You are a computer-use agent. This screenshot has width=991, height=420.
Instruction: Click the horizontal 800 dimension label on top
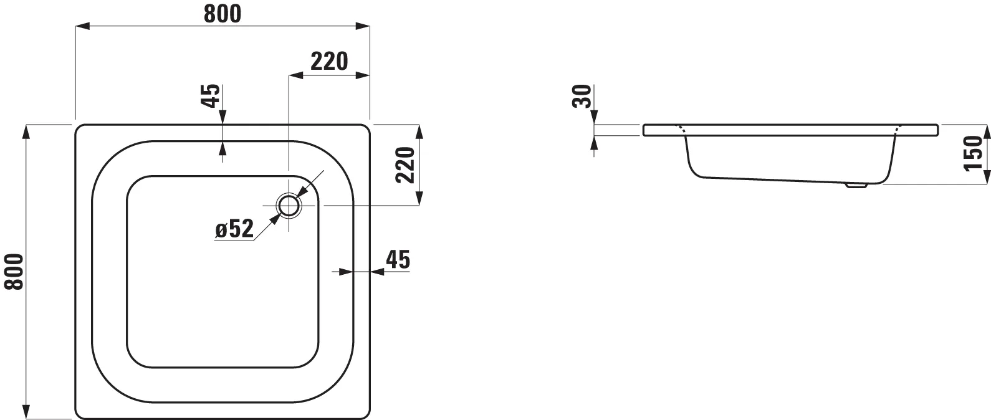coord(222,14)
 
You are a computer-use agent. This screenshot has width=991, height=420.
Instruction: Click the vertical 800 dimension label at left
coord(14,272)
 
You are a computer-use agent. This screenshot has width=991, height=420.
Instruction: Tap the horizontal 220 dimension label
coord(328,62)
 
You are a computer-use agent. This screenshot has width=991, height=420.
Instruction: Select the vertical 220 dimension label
coord(406,165)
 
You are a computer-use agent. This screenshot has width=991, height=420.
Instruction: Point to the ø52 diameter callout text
coord(234,229)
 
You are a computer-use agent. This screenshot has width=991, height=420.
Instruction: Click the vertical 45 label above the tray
coord(212,95)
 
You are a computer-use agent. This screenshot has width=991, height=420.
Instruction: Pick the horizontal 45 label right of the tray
coord(398,259)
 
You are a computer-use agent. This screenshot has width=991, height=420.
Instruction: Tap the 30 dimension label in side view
coord(582,97)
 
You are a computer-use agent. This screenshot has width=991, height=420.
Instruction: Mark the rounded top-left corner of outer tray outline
coord(80,129)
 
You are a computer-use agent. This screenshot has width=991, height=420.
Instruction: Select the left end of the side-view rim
coord(644,130)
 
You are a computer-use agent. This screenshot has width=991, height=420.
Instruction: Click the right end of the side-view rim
coord(937,130)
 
